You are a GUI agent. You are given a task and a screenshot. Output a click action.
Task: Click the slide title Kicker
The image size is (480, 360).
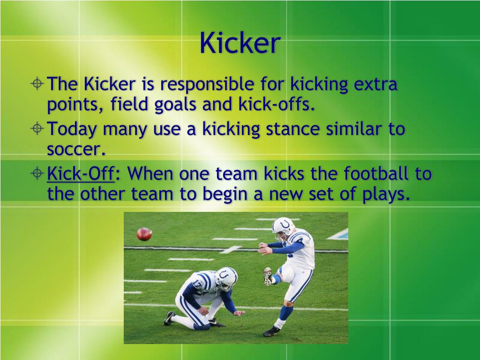coord(240,43)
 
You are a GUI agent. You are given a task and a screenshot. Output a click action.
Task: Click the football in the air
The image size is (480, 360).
coord(144,233)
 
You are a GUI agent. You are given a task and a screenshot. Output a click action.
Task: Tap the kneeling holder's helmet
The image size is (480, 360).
coord(226,277)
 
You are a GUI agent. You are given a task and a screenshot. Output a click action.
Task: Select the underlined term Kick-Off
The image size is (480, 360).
coord(81,174)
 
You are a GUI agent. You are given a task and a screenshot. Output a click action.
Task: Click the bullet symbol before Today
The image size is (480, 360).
coord(38,128)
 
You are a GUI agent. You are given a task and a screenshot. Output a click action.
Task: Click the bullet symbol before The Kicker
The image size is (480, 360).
coord(38,85)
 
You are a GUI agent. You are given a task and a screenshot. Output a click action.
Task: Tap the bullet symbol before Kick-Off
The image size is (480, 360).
coord(38,174)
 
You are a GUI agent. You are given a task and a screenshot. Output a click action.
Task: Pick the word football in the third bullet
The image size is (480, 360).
coord(376,174)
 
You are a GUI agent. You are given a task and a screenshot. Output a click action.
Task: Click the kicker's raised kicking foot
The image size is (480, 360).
coord(268,277)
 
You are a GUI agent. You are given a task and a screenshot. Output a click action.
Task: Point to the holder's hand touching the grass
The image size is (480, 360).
coord(239,313)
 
